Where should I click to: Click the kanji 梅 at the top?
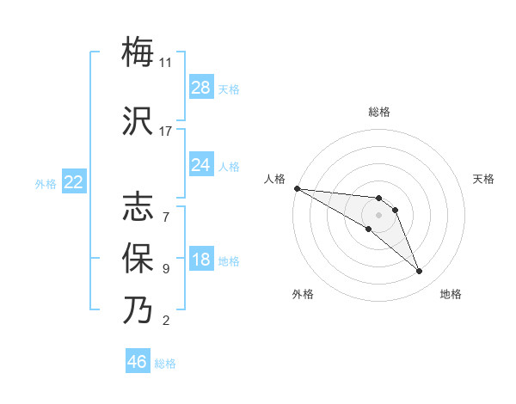138,52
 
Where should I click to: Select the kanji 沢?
138,121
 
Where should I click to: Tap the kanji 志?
138,206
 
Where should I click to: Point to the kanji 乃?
138,310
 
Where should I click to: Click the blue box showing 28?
201,88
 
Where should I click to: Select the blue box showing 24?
201,165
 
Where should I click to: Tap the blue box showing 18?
201,260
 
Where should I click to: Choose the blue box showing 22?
74,182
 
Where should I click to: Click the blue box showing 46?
138,362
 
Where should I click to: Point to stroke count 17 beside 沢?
166,132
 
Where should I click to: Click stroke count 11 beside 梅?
166,62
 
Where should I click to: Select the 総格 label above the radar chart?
379,112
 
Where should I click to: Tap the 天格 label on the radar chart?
483,179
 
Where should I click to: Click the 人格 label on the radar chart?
274,179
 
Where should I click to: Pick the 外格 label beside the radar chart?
303,294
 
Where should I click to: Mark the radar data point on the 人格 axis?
297,188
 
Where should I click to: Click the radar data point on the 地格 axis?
420,272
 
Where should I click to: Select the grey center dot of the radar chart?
379,215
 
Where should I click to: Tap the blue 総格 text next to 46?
165,364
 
